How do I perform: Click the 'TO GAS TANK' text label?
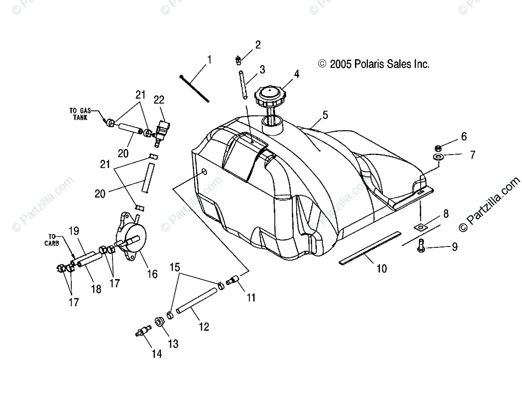79,114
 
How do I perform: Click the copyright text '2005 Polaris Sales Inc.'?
375,64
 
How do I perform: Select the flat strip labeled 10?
370,248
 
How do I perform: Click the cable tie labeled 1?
194,88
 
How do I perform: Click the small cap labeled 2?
239,59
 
